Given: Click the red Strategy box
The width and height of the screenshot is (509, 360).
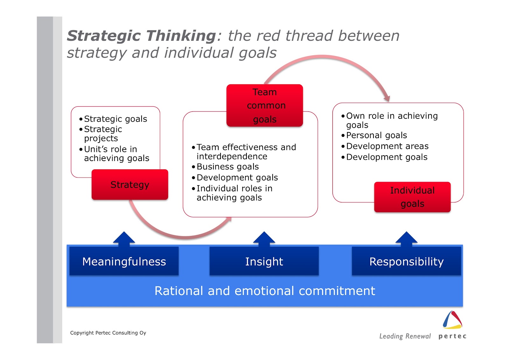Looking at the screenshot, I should (x=130, y=185).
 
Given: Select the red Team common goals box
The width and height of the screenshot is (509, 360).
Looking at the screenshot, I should (x=265, y=105).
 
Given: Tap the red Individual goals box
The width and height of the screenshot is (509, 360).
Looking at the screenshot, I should (x=412, y=197).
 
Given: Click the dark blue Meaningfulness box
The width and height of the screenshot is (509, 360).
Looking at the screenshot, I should (x=124, y=261).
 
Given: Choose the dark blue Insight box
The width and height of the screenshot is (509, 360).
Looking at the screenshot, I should (x=264, y=261).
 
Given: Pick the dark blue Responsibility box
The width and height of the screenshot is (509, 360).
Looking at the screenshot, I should (x=406, y=261).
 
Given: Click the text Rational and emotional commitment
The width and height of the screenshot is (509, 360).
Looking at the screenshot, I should (x=265, y=291).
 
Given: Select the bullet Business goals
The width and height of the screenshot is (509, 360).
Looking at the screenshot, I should (x=227, y=166).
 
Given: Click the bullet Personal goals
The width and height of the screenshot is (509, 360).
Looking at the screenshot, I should (x=376, y=135).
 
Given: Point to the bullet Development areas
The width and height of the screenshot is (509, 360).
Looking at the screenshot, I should (x=387, y=146).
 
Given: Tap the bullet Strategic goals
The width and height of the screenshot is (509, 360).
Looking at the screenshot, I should (x=115, y=119).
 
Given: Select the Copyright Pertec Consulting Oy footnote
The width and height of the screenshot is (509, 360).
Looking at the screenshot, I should (x=108, y=333).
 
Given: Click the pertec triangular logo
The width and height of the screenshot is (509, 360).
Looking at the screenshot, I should (x=452, y=320).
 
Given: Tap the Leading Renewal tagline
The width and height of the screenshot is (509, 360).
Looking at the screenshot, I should (x=405, y=336).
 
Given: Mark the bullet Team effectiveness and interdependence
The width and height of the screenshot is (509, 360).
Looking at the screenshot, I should (x=246, y=152).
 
